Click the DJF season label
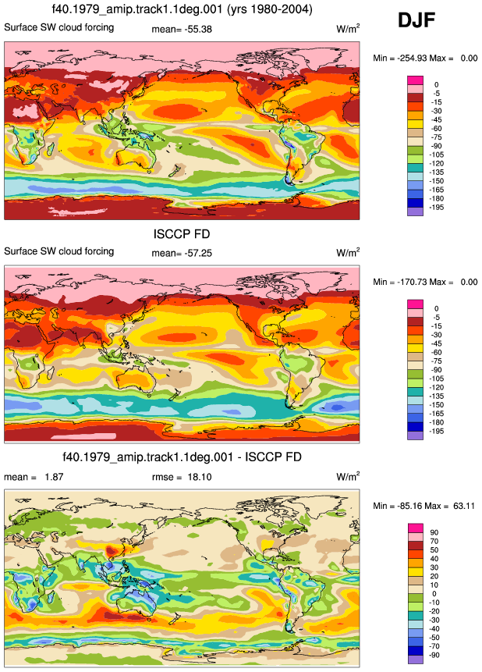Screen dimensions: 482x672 (x=416, y=20)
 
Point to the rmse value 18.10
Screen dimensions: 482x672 (x=199, y=477)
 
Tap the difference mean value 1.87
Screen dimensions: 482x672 (x=54, y=477)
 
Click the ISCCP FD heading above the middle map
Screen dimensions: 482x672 (x=182, y=234)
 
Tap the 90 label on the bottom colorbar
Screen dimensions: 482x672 (x=434, y=532)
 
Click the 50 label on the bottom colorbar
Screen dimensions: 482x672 (x=434, y=550)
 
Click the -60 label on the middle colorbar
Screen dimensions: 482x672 (x=436, y=352)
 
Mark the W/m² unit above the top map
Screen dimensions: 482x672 (x=348, y=29)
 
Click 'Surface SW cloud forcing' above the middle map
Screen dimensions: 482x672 (x=59, y=251)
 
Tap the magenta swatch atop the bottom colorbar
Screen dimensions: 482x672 (x=415, y=528)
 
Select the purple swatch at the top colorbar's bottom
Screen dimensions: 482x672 (x=415, y=212)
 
